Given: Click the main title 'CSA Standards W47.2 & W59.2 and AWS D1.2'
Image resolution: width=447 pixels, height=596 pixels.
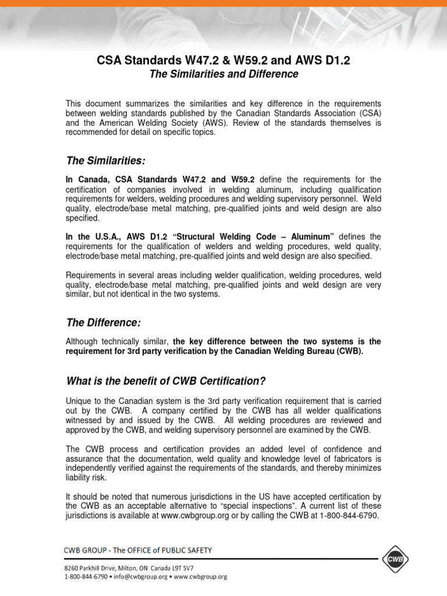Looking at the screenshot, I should (x=224, y=61).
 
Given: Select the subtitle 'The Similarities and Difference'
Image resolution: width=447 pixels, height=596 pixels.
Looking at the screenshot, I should (x=224, y=74).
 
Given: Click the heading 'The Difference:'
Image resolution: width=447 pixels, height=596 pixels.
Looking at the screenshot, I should (x=103, y=322).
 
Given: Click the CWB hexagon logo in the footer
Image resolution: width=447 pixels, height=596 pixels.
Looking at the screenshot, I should (x=395, y=559).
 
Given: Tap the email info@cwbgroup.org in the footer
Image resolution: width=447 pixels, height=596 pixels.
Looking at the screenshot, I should (x=141, y=576).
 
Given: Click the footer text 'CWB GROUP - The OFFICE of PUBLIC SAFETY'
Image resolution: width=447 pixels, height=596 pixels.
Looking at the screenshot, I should (x=138, y=550).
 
